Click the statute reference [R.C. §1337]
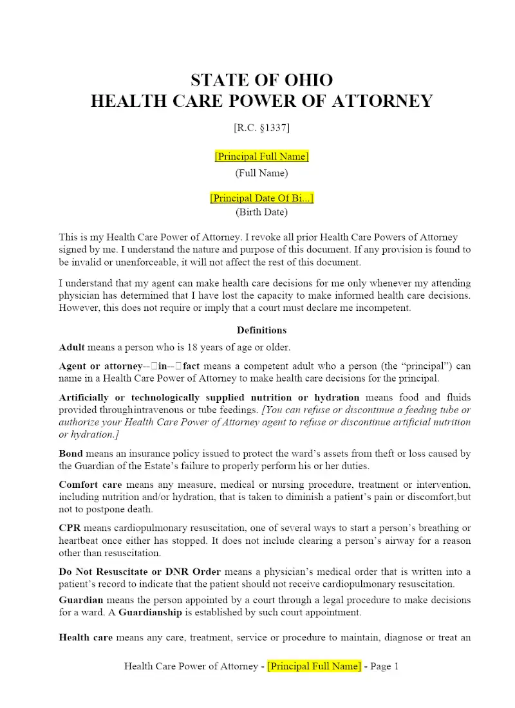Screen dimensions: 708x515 pyautogui.click(x=261, y=127)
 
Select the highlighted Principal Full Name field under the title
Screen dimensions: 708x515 pyautogui.click(x=261, y=156)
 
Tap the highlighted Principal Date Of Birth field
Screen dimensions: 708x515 pyautogui.click(x=261, y=198)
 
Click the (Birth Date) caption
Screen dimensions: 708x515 pyautogui.click(x=261, y=212)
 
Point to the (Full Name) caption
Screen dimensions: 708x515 pyautogui.click(x=261, y=173)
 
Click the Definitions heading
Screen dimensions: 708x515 pyautogui.click(x=261, y=330)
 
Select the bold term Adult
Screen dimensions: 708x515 pyautogui.click(x=71, y=348)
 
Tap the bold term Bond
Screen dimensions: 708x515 pyautogui.click(x=71, y=453)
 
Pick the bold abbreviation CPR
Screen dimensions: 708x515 pyautogui.click(x=70, y=528)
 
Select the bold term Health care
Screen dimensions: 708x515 pyautogui.click(x=86, y=638)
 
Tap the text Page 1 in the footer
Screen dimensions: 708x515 pyautogui.click(x=384, y=666)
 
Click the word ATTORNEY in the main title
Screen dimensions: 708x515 pyautogui.click(x=385, y=102)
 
